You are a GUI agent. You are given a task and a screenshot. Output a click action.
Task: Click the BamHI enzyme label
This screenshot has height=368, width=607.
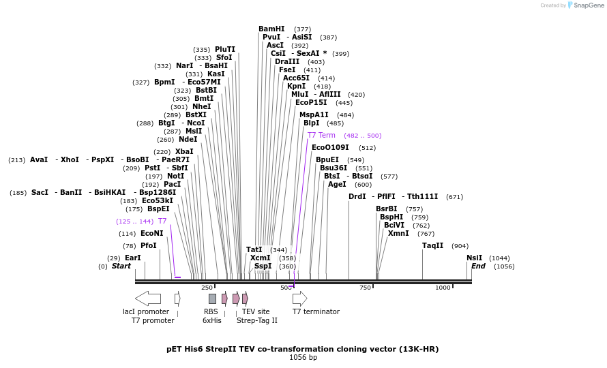tap(271, 29)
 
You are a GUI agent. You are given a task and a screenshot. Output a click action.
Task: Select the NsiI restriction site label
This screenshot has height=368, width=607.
tap(474, 258)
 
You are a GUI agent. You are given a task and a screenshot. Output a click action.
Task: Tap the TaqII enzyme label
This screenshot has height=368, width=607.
tap(432, 245)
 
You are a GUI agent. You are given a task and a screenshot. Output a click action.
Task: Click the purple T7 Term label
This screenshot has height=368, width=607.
tap(321, 135)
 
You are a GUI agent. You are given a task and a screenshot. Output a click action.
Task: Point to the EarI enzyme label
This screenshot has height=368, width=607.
tap(132, 258)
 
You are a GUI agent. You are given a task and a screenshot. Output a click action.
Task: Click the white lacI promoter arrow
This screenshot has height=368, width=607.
tap(147, 298)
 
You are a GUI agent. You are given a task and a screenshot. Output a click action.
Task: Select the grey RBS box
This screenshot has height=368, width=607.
tap(212, 298)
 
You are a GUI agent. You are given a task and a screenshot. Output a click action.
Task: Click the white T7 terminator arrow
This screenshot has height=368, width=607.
tap(299, 298)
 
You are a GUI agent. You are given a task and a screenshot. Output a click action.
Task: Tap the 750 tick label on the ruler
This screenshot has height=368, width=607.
tap(366, 288)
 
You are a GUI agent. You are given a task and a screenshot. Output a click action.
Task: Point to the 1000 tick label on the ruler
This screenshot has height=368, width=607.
tap(443, 288)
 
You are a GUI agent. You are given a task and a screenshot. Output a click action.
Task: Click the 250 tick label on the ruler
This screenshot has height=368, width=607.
tap(207, 288)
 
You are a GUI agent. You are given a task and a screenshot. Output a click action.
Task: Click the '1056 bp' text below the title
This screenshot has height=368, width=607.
tap(303, 357)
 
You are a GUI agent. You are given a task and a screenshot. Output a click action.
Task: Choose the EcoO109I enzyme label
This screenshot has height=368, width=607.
tap(330, 147)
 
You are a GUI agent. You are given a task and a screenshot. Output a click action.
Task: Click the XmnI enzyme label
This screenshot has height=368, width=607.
tap(398, 233)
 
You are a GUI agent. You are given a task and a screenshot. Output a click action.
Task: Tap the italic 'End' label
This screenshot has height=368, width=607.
tap(478, 266)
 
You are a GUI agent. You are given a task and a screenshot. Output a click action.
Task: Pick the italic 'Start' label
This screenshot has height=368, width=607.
tap(121, 266)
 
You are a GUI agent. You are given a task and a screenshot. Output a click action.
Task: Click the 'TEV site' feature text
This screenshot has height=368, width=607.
tap(256, 311)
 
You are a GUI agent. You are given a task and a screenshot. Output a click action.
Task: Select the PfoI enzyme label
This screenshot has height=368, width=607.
tap(149, 245)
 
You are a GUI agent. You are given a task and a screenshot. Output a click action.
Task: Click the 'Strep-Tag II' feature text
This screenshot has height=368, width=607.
tap(257, 320)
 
